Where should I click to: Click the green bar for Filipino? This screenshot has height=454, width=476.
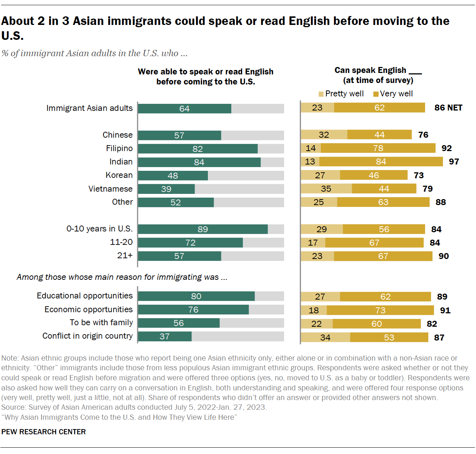click(197, 149)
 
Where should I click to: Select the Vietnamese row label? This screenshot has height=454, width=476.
click(110, 189)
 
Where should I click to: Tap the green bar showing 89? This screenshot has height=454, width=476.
click(203, 229)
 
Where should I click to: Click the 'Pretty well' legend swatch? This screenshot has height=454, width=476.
click(321, 94)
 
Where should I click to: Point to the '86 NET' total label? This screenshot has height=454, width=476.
click(448, 108)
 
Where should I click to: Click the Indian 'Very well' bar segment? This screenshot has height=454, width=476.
click(381, 162)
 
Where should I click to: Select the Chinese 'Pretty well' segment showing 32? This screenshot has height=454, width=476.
click(324, 135)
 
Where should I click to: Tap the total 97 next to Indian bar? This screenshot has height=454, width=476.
click(454, 162)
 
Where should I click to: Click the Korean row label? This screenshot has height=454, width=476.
click(119, 175)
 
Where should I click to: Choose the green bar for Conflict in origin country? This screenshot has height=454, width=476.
click(165, 336)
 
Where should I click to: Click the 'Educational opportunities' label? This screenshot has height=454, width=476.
click(85, 296)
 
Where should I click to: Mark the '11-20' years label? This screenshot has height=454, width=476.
click(121, 242)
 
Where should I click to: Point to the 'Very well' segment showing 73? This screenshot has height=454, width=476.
click(380, 310)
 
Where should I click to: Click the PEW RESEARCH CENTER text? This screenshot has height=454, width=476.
click(44, 432)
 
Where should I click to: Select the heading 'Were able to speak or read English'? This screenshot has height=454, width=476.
click(206, 72)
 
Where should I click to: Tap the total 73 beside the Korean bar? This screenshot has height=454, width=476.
click(419, 175)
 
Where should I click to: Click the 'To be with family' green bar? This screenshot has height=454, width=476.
click(178, 323)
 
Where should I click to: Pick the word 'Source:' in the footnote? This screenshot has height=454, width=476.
click(14, 407)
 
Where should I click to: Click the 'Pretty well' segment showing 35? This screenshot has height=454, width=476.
click(326, 189)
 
